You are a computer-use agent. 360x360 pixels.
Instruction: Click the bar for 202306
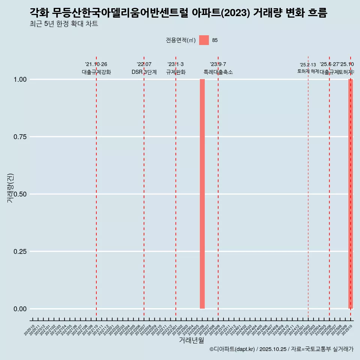pos(202,194)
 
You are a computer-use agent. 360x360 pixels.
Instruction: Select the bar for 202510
pos(351,194)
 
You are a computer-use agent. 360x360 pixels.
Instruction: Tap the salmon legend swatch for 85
pos(204,40)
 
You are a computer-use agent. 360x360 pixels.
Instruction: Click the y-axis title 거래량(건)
pos(10,188)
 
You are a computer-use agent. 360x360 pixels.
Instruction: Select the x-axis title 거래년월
pos(191,340)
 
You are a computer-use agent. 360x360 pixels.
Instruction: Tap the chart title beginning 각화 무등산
pos(178,13)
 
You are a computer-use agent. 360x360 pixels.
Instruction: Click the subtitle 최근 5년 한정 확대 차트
pos(64,24)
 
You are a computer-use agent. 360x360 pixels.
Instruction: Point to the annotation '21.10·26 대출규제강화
pos(96,68)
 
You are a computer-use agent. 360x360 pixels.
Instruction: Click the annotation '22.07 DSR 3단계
pos(144,68)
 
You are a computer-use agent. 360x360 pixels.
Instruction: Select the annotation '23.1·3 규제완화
pos(175,68)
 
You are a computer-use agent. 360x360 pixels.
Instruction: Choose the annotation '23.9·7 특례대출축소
pos(218,68)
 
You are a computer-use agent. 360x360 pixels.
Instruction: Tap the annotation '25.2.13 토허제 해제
pos(308,68)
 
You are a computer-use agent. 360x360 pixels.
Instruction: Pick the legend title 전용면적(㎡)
pos(180,40)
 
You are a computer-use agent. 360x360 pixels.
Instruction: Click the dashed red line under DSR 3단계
pos(144,187)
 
